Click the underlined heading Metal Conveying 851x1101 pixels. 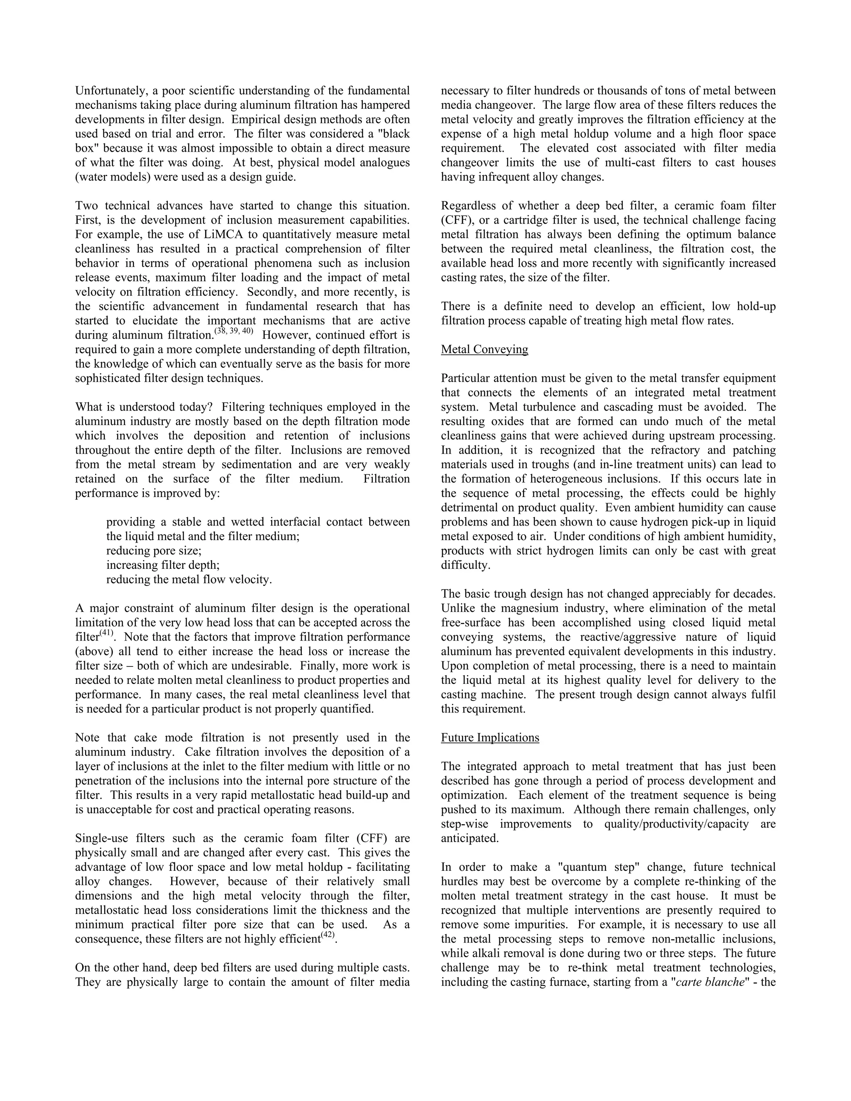tap(484, 349)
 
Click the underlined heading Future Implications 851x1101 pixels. tap(489, 737)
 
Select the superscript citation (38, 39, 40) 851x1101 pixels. tap(234, 331)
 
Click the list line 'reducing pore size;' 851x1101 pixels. tap(153, 550)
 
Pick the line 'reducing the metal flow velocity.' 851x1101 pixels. tap(189, 579)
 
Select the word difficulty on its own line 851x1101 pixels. tap(465, 565)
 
